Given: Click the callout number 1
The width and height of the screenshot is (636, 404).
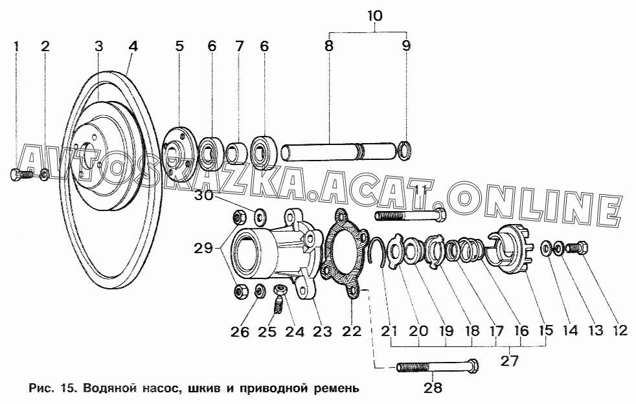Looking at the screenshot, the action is tap(16, 46).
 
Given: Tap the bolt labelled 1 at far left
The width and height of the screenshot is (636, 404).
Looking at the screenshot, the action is tap(20, 175).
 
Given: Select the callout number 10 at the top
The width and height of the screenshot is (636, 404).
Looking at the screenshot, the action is tap(374, 16).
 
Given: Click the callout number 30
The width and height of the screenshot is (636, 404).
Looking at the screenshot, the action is tap(203, 195).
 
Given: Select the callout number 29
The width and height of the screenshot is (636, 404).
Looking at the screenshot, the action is tap(203, 247).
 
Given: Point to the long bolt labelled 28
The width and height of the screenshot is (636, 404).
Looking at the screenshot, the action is tap(437, 367).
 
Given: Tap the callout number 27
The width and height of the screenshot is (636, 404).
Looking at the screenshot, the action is tap(510, 361).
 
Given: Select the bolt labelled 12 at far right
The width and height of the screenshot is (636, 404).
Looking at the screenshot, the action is tap(577, 247).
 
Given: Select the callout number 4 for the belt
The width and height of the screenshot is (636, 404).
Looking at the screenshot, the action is tap(133, 46).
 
